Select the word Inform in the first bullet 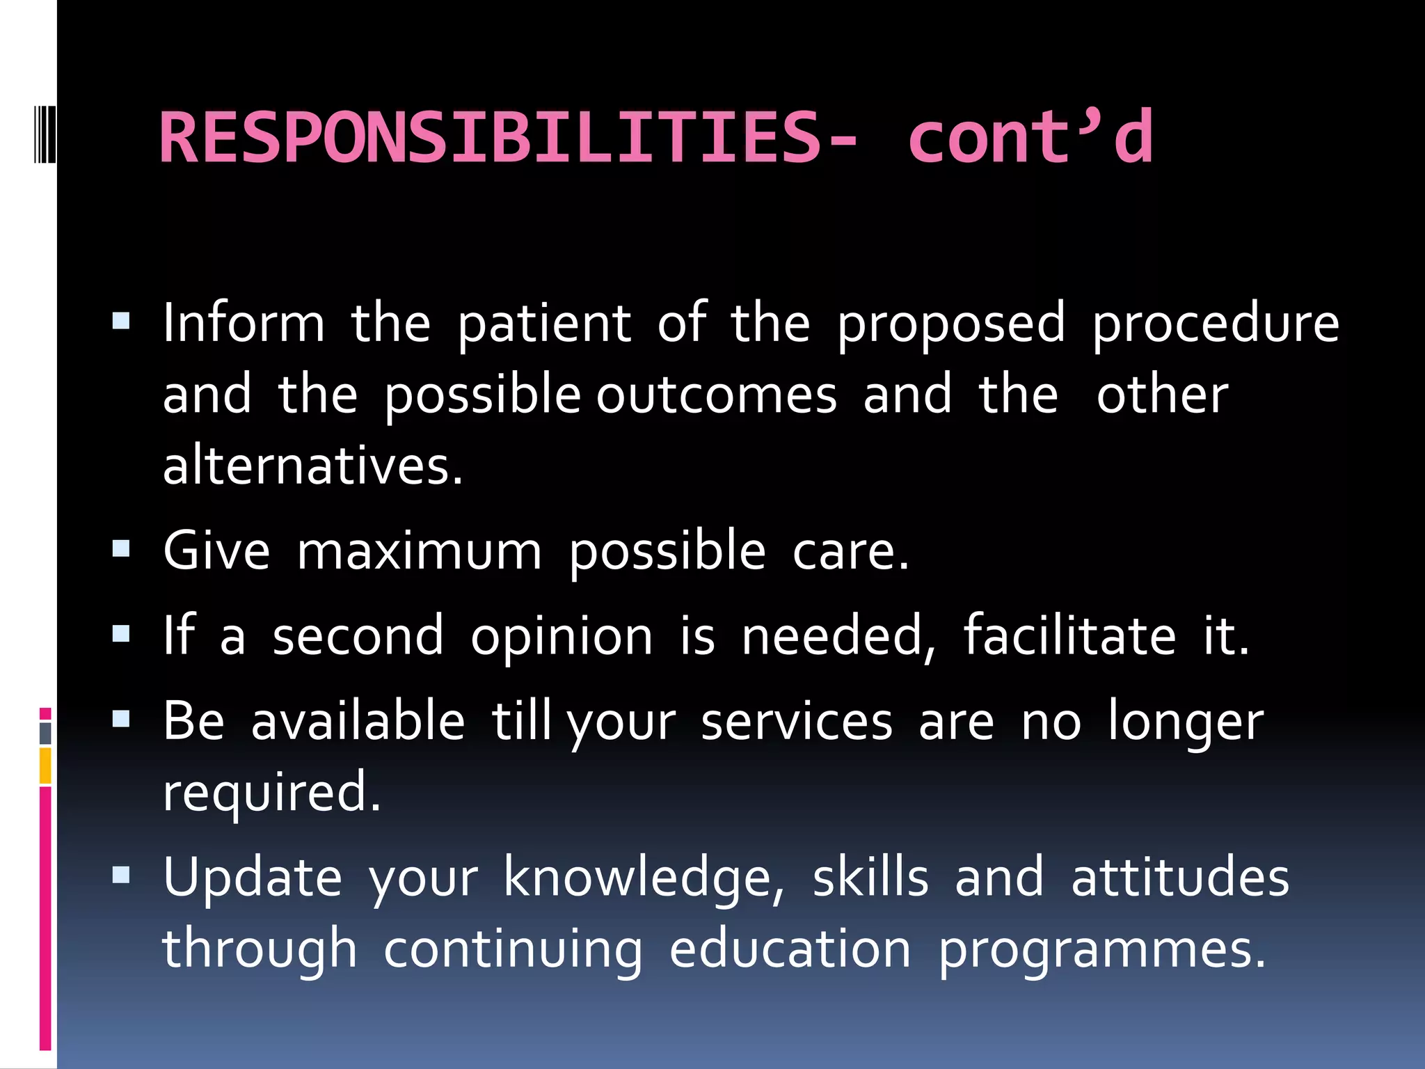pos(244,324)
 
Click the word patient pos(544,325)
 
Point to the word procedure pos(1215,325)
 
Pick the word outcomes pos(717,395)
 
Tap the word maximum pos(419,551)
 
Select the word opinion pos(562,637)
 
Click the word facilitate pos(1069,635)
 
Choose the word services pos(796,722)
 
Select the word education pos(790,949)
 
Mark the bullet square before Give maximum pos(121,549)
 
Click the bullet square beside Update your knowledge pos(121,875)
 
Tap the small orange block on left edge pos(45,766)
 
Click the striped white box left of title pos(44,132)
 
